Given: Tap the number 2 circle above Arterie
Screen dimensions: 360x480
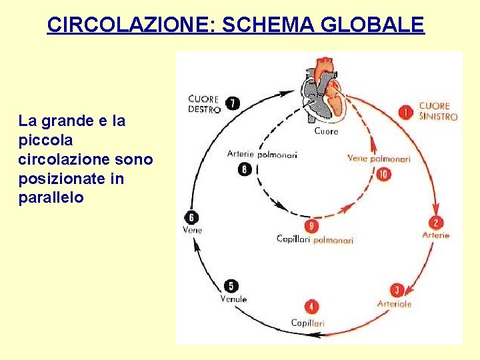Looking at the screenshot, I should pos(436,223).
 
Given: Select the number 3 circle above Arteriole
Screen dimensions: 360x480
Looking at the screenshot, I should pos(397,290).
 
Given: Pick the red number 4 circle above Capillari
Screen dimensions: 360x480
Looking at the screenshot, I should pos(311,307).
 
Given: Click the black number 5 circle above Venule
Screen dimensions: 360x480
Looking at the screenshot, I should pos(231,286).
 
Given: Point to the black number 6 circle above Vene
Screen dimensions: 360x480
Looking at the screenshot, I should pos(192,217).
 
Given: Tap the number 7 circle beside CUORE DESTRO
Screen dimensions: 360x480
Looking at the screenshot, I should pos(232,103).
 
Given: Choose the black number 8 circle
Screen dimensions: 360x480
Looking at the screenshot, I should pos(245,169).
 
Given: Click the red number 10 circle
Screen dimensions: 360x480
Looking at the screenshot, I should pos(383,174).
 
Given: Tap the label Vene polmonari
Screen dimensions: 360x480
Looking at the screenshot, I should pos(378,159).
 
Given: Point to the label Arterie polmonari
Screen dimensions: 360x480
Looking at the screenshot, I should pos(262,154).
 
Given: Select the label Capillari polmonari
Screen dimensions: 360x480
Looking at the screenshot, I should pos(315,239).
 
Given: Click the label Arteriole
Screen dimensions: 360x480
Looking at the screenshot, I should pos(395,304).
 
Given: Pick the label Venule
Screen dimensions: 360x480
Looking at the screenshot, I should pos(233,299).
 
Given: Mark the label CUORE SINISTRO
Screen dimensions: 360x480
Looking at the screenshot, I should pos(438,111).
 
